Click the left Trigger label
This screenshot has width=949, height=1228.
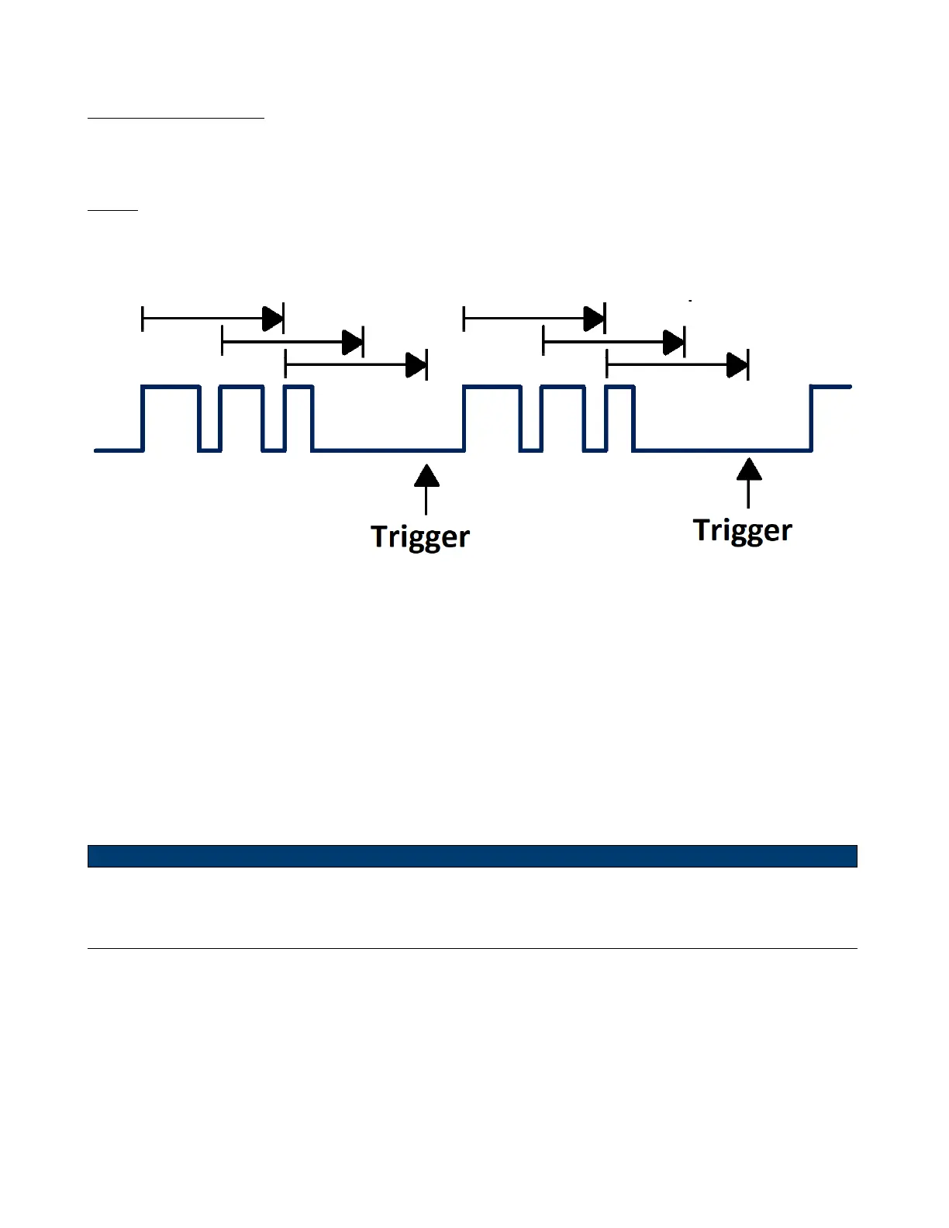420,536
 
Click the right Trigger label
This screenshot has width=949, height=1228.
742,530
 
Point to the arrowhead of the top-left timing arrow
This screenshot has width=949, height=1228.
272,318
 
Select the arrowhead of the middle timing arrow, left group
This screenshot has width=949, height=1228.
352,341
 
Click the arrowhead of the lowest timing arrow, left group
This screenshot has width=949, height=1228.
416,364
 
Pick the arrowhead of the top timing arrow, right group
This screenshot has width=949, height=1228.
593,318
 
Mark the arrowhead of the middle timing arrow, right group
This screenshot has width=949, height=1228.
673,341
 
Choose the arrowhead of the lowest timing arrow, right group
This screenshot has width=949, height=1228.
737,364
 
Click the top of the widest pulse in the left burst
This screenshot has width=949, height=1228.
171,386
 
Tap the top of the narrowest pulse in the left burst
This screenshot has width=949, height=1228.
299,386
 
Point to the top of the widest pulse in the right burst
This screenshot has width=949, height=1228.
492,386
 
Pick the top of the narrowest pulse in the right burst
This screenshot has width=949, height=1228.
620,386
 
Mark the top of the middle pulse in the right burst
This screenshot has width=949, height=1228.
563,386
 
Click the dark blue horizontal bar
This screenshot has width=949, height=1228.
472,856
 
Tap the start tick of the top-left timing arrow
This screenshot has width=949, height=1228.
143,318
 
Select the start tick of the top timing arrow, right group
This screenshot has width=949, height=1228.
464,318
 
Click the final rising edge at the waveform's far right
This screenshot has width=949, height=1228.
811,419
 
